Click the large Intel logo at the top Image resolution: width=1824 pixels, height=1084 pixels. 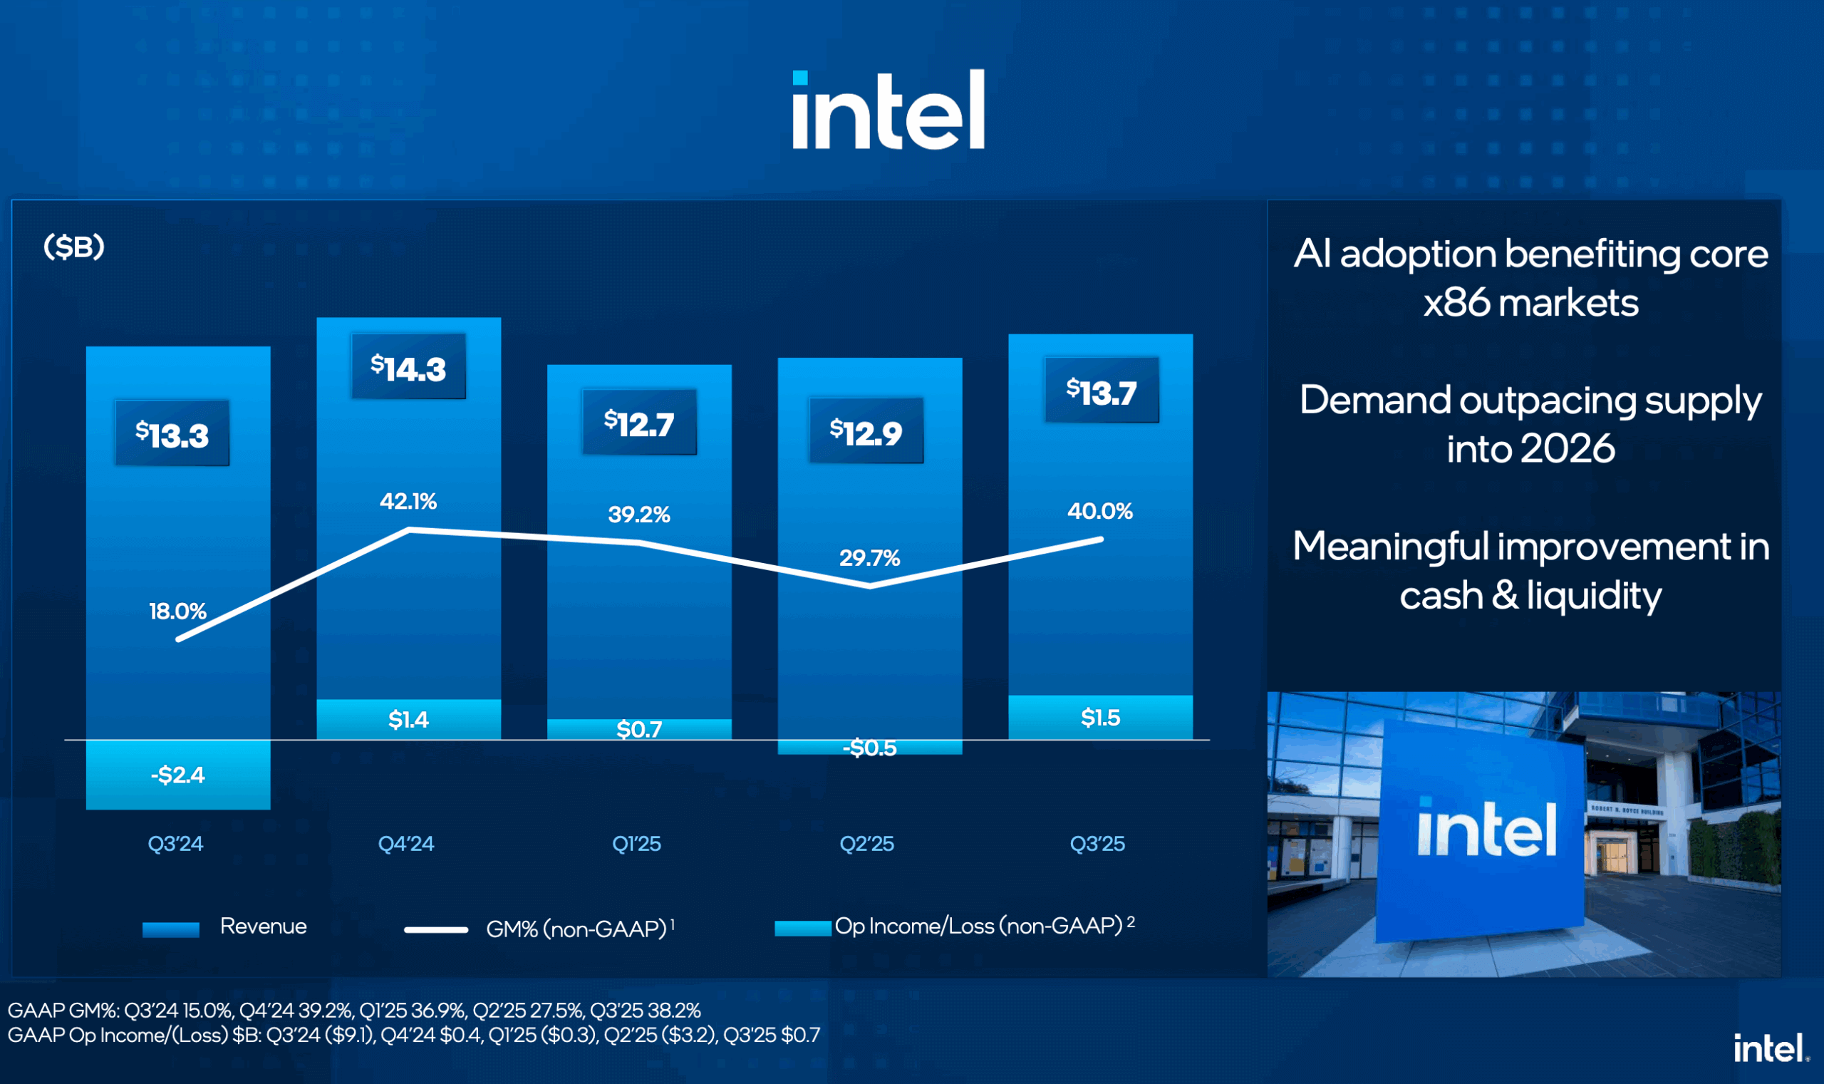click(x=888, y=110)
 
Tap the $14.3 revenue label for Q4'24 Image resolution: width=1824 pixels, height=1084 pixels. click(x=408, y=368)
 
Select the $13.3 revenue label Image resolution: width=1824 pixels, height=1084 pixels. click(x=172, y=434)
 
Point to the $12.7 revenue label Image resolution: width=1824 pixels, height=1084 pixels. click(x=639, y=423)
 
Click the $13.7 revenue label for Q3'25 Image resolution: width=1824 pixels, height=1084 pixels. click(x=1101, y=391)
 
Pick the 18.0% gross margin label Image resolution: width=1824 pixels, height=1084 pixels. click(x=177, y=611)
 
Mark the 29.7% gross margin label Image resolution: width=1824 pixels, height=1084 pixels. click(x=869, y=558)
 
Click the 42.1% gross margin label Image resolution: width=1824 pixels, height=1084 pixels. click(x=408, y=501)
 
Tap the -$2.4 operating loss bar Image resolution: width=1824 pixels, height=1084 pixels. click(x=178, y=774)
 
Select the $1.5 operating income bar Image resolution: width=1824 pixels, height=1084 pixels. click(x=1100, y=717)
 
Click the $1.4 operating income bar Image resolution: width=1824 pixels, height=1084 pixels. click(x=408, y=720)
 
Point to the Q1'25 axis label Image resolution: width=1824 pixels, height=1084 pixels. click(x=637, y=844)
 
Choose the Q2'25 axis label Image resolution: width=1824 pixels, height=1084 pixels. click(x=866, y=844)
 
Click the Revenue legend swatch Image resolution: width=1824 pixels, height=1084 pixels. click(x=171, y=929)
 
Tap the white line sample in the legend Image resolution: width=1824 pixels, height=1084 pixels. click(x=436, y=930)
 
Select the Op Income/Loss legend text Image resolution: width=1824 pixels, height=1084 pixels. click(x=978, y=926)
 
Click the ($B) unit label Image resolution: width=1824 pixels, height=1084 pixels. click(x=74, y=247)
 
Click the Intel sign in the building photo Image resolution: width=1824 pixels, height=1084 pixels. click(x=1486, y=830)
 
